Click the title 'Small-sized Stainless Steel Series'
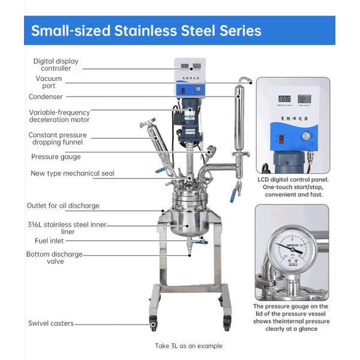tap(146, 31)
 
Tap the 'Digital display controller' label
tap(56, 65)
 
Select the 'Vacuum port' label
tap(49, 82)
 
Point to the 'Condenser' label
tap(46, 97)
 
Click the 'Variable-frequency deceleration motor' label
tap(59, 115)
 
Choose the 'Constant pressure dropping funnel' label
tap(57, 139)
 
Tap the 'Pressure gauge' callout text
tap(56, 157)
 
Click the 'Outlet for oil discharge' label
tap(63, 206)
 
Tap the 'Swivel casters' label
tap(51, 323)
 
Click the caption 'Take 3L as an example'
tap(188, 346)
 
